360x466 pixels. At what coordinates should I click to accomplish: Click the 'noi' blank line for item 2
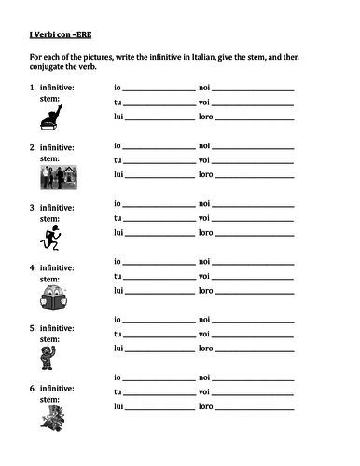click(x=254, y=147)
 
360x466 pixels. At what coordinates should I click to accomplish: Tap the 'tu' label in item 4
click(x=118, y=276)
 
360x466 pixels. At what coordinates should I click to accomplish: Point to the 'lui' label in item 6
click(x=118, y=406)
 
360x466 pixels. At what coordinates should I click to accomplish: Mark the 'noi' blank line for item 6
click(x=254, y=379)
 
